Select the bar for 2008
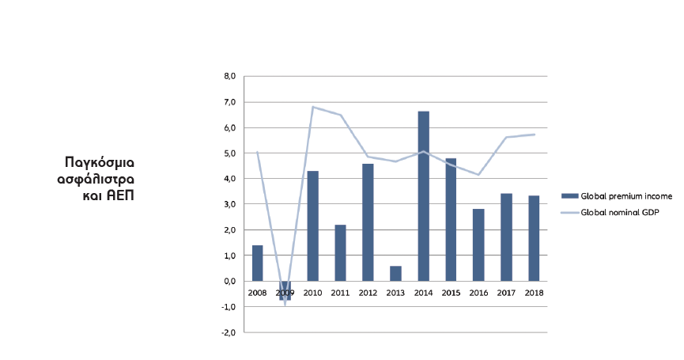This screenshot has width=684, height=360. coord(257,263)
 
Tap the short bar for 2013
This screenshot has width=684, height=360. coord(395,273)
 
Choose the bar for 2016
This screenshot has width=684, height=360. coord(478,244)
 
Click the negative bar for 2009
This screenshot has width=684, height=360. coord(285,290)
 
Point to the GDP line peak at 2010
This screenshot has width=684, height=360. coord(313,107)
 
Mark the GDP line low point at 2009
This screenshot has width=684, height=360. coord(285,305)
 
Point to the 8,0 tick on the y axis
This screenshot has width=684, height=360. coord(230,77)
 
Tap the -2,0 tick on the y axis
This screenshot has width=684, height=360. coord(229,332)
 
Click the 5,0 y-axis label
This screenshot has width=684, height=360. coord(230,153)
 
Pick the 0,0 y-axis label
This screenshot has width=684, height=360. coord(230,281)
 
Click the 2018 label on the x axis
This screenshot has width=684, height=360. coord(534,293)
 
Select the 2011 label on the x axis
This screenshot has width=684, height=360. coord(340,293)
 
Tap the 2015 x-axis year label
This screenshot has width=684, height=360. coord(451,293)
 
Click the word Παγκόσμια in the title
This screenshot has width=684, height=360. coord(100,161)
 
